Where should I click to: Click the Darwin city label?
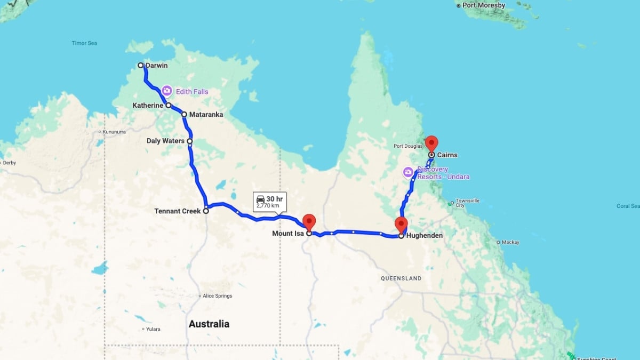tap(156, 66)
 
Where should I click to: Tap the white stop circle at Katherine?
tap(168, 106)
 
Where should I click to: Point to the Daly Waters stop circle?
tap(189, 141)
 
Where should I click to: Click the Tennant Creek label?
tap(177, 211)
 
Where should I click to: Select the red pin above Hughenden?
tap(401, 225)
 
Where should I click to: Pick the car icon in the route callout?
tap(260, 199)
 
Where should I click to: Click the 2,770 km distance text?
tap(268, 206)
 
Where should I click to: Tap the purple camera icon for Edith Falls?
tap(167, 91)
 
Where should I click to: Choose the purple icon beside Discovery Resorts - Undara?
tap(409, 172)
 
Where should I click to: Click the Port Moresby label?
tap(483, 5)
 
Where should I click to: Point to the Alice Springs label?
tap(217, 296)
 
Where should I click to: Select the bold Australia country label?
tap(209, 324)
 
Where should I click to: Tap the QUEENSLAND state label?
tap(401, 278)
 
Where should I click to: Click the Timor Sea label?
tap(83, 43)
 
